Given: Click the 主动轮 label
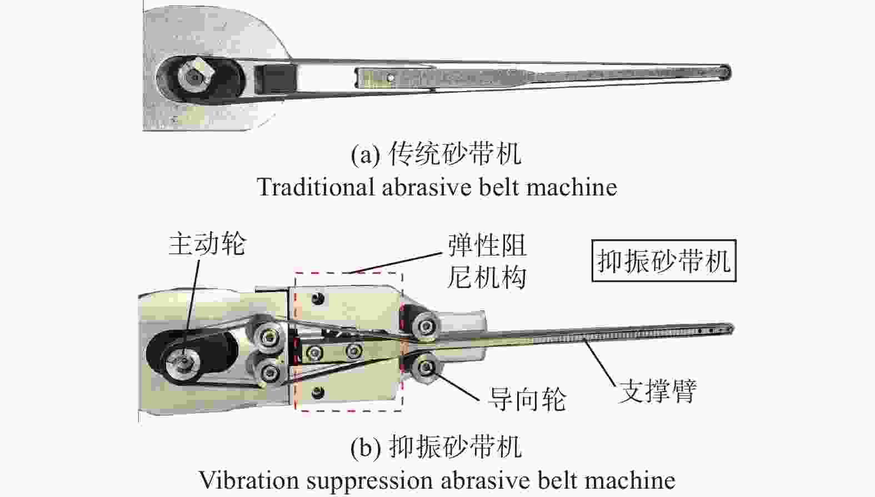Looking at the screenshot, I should click(x=207, y=244).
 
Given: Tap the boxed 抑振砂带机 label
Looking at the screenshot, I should click(x=663, y=261).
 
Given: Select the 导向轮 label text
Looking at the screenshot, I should click(x=527, y=399).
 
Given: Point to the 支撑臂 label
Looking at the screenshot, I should click(x=658, y=391).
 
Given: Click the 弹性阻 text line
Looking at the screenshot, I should click(x=487, y=245).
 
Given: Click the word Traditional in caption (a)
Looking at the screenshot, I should click(x=314, y=187).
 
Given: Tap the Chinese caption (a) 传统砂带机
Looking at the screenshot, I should click(x=454, y=154).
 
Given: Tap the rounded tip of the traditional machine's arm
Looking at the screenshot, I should click(x=725, y=72).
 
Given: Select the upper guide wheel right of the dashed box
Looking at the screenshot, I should click(x=426, y=325).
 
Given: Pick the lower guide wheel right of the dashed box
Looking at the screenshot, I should click(x=426, y=367).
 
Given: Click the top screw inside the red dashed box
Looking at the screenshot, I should click(x=318, y=299).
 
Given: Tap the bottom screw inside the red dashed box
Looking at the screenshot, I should click(x=318, y=393).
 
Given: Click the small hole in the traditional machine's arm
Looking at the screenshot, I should click(x=391, y=78).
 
